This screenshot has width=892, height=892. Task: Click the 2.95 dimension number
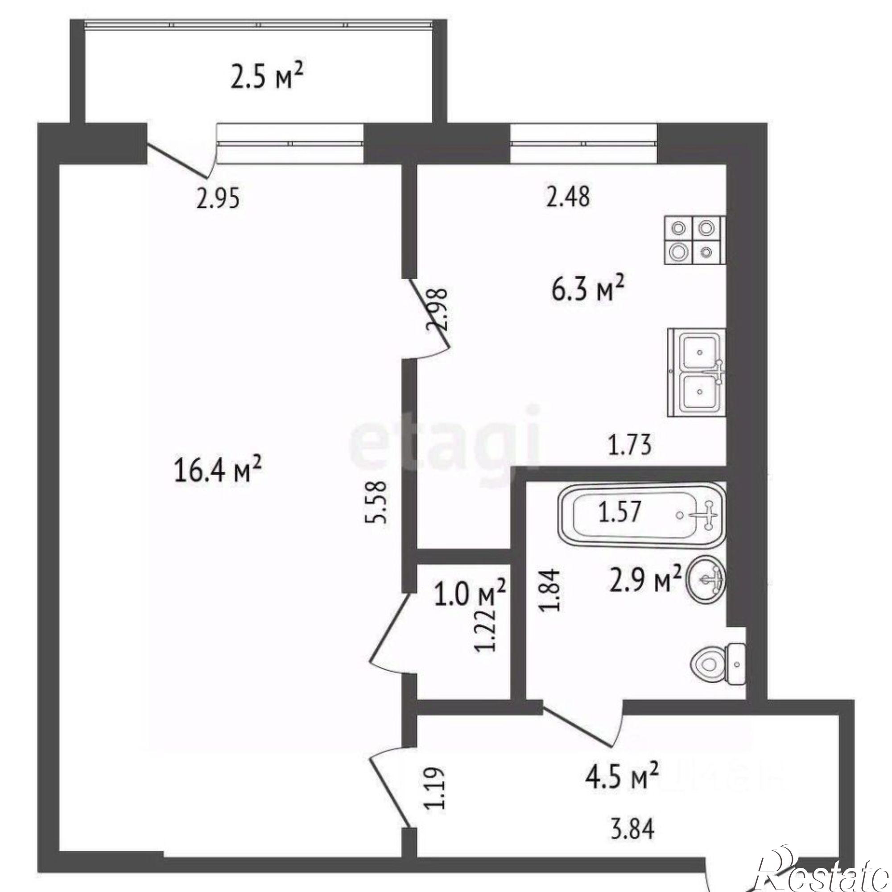(219, 198)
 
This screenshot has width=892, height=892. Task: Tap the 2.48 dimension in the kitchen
(567, 196)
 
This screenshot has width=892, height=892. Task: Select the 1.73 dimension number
(629, 446)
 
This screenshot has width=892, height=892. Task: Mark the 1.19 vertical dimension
(435, 800)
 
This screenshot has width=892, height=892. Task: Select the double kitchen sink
(697, 372)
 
